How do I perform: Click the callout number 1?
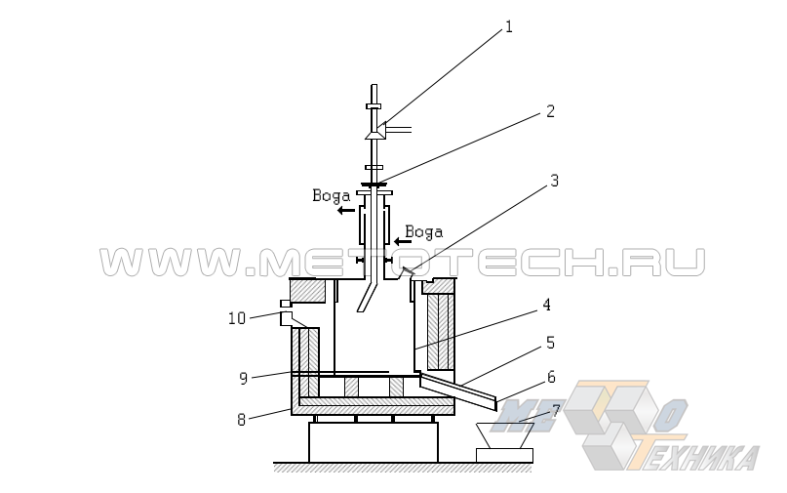coord(509,26)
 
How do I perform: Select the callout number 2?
coord(550,111)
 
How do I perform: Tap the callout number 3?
coord(554,181)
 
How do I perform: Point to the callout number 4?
coord(546,305)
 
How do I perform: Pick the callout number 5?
coord(550,343)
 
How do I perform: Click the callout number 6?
coord(551,377)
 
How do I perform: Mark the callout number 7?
coord(555,411)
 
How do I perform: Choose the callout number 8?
coord(242,420)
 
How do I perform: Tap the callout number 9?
coord(244,378)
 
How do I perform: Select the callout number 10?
coord(237,318)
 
